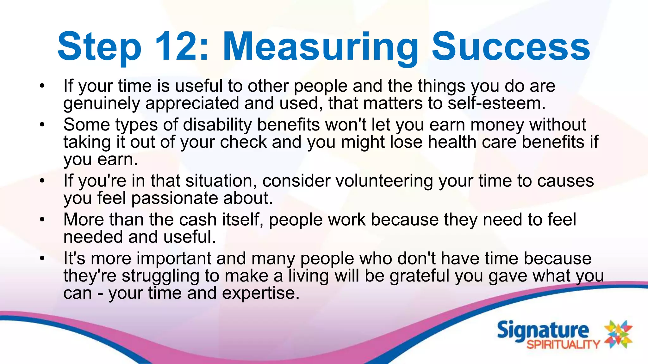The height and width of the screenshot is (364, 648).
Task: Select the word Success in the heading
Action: click(511, 47)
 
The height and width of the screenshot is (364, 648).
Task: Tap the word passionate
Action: click(175, 198)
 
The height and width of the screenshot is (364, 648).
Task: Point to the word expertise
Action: click(260, 293)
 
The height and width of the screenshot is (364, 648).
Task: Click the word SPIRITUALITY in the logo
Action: click(563, 344)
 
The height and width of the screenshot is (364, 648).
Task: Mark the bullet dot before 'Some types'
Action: click(42, 125)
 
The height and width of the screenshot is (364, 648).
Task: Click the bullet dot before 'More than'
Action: click(42, 220)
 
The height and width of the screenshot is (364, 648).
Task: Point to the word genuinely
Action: click(102, 104)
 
